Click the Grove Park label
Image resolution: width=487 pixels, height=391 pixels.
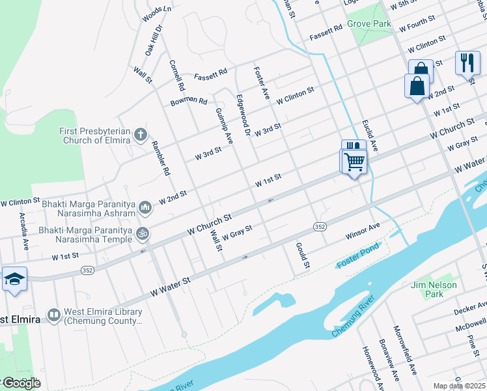(369, 24)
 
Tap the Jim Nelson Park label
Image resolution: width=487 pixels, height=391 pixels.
(434, 289)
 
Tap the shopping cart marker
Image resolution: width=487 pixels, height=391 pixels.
(354, 160)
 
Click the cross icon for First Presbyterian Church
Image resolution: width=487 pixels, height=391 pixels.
(140, 136)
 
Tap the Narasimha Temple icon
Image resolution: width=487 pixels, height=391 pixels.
(143, 232)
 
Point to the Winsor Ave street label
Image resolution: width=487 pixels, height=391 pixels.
(362, 231)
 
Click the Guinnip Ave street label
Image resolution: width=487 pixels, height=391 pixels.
(223, 125)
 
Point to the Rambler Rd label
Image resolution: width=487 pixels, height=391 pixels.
(160, 158)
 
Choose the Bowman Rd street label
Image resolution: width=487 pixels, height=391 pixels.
(188, 102)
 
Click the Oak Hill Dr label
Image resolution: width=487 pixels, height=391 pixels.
(152, 40)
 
